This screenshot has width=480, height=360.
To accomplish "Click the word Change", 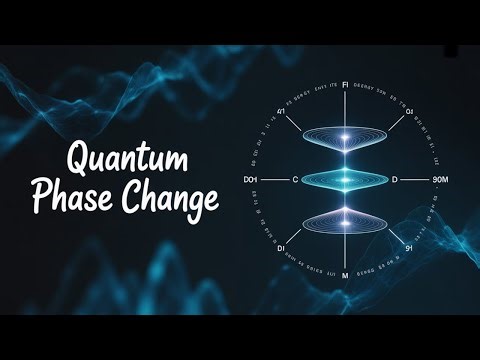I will click(x=169, y=200).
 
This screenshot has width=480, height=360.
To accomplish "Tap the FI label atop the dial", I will click(x=345, y=87).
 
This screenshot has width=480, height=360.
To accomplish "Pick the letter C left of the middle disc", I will click(x=295, y=180).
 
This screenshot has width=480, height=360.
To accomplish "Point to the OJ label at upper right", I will click(x=409, y=114).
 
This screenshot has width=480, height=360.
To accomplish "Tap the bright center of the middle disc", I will click(x=345, y=180).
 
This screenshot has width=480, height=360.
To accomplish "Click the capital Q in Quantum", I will click(x=79, y=159).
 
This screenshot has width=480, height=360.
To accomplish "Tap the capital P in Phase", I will click(x=42, y=200).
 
